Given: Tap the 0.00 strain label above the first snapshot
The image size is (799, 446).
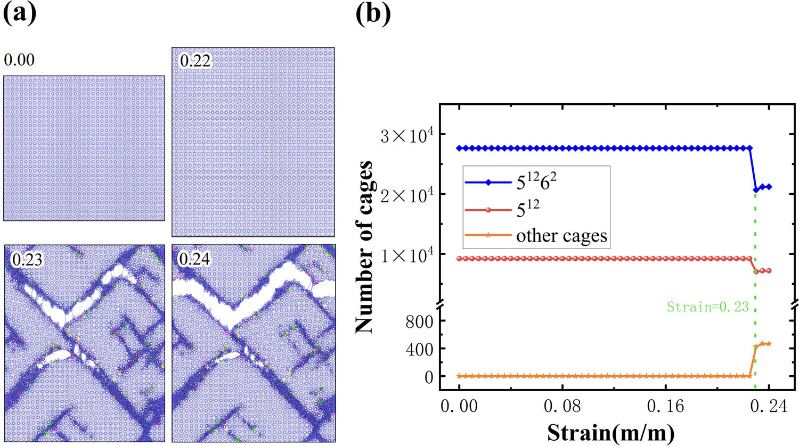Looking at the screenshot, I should click(x=19, y=60).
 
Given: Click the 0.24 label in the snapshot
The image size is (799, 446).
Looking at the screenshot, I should click(x=194, y=259).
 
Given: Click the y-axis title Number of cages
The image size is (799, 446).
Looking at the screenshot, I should click(x=364, y=247).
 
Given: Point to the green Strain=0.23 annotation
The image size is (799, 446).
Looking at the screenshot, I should click(x=707, y=307).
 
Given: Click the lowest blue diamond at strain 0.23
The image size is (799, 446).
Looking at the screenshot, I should click(x=755, y=189).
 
